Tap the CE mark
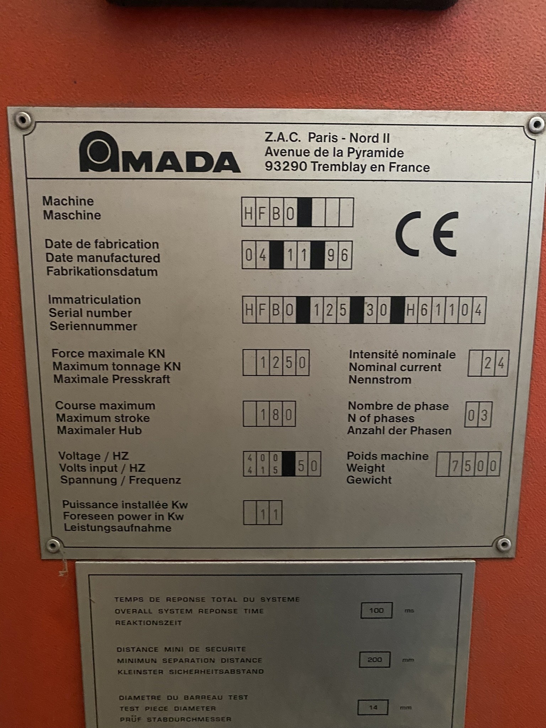(427, 234)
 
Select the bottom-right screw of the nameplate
(504, 544)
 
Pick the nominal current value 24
(494, 363)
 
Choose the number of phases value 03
(478, 414)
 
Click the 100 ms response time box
(376, 610)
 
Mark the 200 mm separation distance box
(375, 660)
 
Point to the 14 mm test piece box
(373, 707)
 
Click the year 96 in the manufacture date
(338, 255)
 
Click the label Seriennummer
(93, 326)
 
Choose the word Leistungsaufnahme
(117, 528)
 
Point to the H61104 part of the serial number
(445, 310)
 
